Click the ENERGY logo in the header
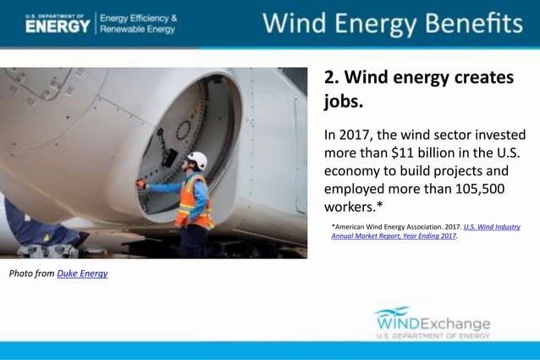tap(57, 25)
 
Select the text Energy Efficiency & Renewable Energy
tap(139, 24)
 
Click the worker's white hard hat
tap(197, 159)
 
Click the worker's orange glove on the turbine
tap(141, 183)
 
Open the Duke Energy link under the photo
tap(82, 273)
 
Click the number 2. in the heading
tap(332, 78)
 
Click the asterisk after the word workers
tap(378, 207)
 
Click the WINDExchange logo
tap(433, 323)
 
